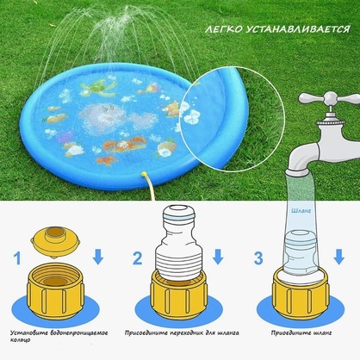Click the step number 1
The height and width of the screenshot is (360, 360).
point(17,258)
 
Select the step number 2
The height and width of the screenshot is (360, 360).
point(138,258)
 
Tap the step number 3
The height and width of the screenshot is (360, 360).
point(258,258)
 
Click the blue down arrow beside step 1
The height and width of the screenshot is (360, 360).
point(98,257)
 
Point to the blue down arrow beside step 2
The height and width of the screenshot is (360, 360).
point(218,257)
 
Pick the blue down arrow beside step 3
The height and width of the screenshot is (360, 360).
point(339,257)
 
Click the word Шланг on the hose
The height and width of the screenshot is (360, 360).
point(301,211)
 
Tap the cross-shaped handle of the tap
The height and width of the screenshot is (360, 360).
point(331,98)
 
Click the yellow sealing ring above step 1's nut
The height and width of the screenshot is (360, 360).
point(55,241)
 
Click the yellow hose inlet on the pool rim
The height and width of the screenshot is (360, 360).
point(146,174)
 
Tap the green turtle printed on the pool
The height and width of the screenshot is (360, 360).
point(99,88)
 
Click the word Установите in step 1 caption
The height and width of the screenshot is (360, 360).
point(28,333)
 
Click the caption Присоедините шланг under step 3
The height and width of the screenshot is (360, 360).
point(301,333)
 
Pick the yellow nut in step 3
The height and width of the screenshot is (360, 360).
point(301,294)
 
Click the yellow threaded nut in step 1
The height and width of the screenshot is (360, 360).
point(55,291)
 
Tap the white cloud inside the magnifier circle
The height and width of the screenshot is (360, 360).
point(192,116)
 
